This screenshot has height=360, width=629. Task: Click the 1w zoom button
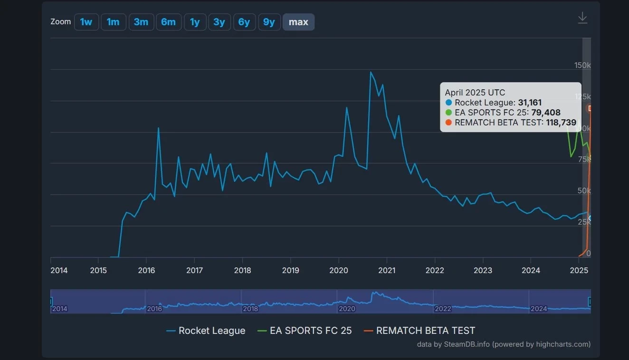coord(86,22)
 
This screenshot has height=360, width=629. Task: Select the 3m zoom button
coord(141,22)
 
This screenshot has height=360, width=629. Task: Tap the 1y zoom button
coord(195,22)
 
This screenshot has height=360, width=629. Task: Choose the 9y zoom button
coord(269,22)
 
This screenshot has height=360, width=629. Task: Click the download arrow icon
coord(582,18)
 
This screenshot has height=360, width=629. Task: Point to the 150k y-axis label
coord(582,65)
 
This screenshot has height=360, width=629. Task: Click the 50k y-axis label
coord(584,191)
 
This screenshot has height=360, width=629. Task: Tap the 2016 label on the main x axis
coord(146,270)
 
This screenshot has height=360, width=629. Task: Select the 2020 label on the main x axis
coord(339,270)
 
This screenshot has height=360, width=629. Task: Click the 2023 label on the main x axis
coord(483,270)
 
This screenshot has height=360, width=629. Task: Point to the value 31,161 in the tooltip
coord(530,103)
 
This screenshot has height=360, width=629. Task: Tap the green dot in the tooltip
coord(449,113)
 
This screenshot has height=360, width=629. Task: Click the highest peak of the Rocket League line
coord(371,72)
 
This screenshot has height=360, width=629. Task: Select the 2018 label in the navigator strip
coord(250,309)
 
